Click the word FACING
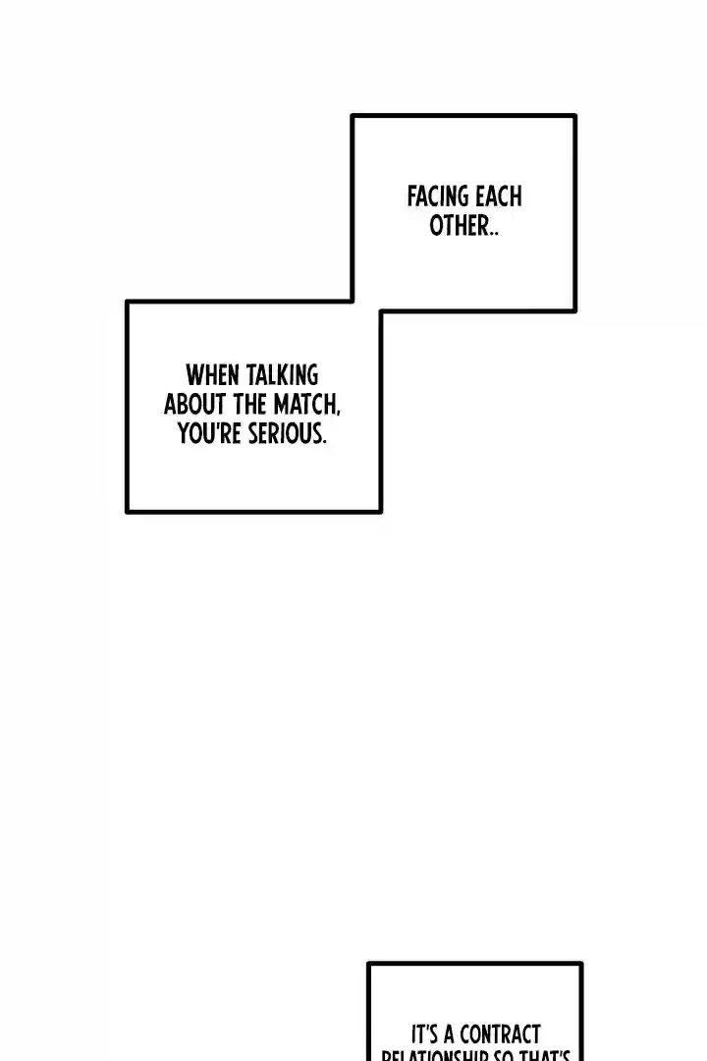pyautogui.click(x=438, y=196)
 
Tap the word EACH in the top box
pyautogui.click(x=498, y=196)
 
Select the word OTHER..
pyautogui.click(x=459, y=226)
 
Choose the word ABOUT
pyautogui.click(x=195, y=404)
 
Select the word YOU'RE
pyautogui.click(x=210, y=433)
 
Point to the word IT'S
pyautogui.click(x=426, y=1035)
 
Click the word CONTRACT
pyautogui.click(x=499, y=1035)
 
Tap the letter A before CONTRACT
pyautogui.click(x=450, y=1035)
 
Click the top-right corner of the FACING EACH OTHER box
pyautogui.click(x=574, y=116)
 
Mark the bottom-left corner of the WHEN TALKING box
pyautogui.click(x=128, y=511)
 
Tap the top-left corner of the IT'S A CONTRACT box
pyautogui.click(x=369, y=964)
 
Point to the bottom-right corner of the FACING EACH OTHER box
pyautogui.click(x=574, y=310)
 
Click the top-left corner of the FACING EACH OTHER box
pyautogui.click(x=353, y=116)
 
